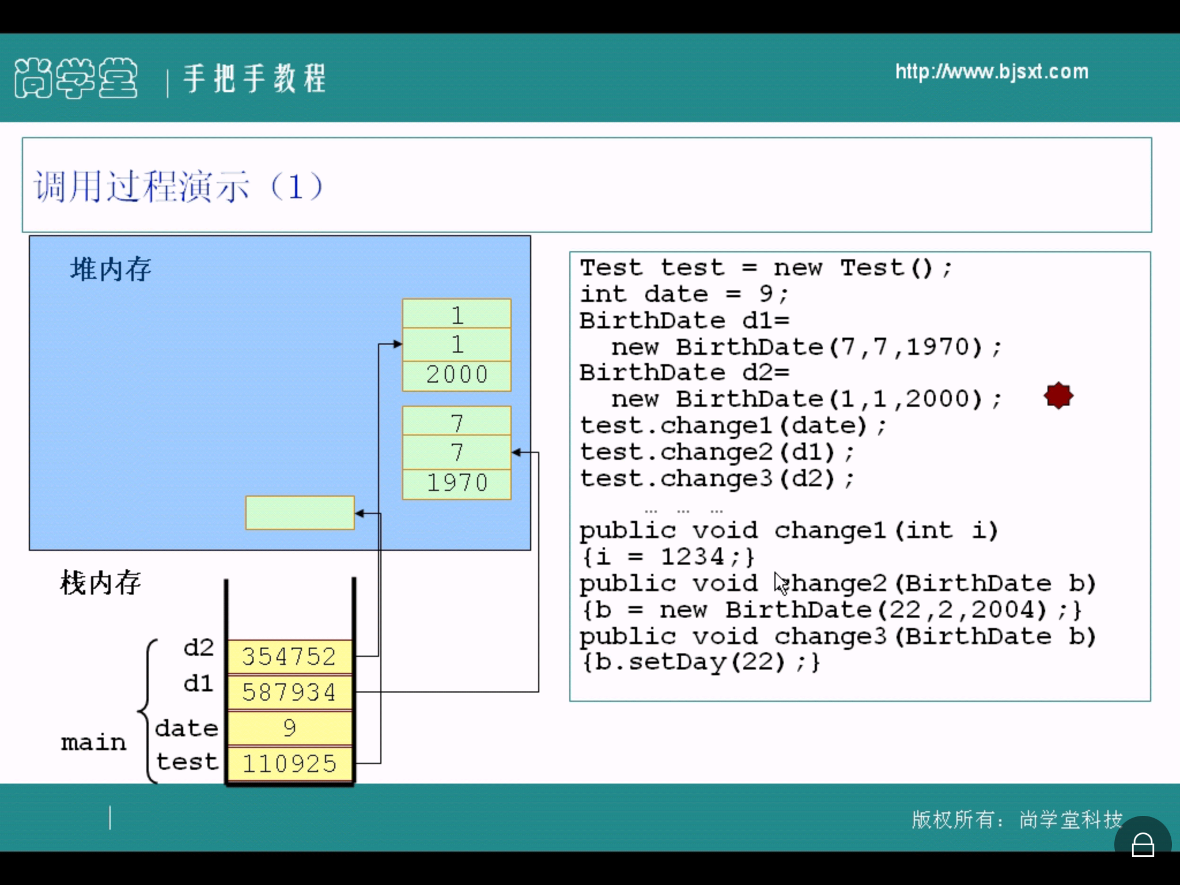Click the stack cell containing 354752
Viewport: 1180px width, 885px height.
289,657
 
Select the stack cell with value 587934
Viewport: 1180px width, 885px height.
289,692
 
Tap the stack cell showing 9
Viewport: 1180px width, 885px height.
289,728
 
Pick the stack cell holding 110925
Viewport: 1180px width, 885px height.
289,763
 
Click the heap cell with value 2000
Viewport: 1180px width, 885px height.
456,375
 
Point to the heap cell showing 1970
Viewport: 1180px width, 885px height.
456,483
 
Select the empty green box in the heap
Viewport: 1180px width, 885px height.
300,512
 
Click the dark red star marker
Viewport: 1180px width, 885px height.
1058,396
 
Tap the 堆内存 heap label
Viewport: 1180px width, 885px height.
111,270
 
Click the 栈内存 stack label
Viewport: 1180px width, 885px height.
101,583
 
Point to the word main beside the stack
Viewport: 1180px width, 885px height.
93,743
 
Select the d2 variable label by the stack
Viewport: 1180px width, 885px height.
198,648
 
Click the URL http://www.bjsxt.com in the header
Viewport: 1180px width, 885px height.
992,72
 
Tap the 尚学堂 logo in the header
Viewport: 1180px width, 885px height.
76,78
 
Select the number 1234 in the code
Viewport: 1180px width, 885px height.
692,557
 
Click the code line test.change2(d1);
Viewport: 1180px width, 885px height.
716,452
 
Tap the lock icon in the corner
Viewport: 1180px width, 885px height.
1143,845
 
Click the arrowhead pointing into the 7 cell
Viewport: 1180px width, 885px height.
516,453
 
